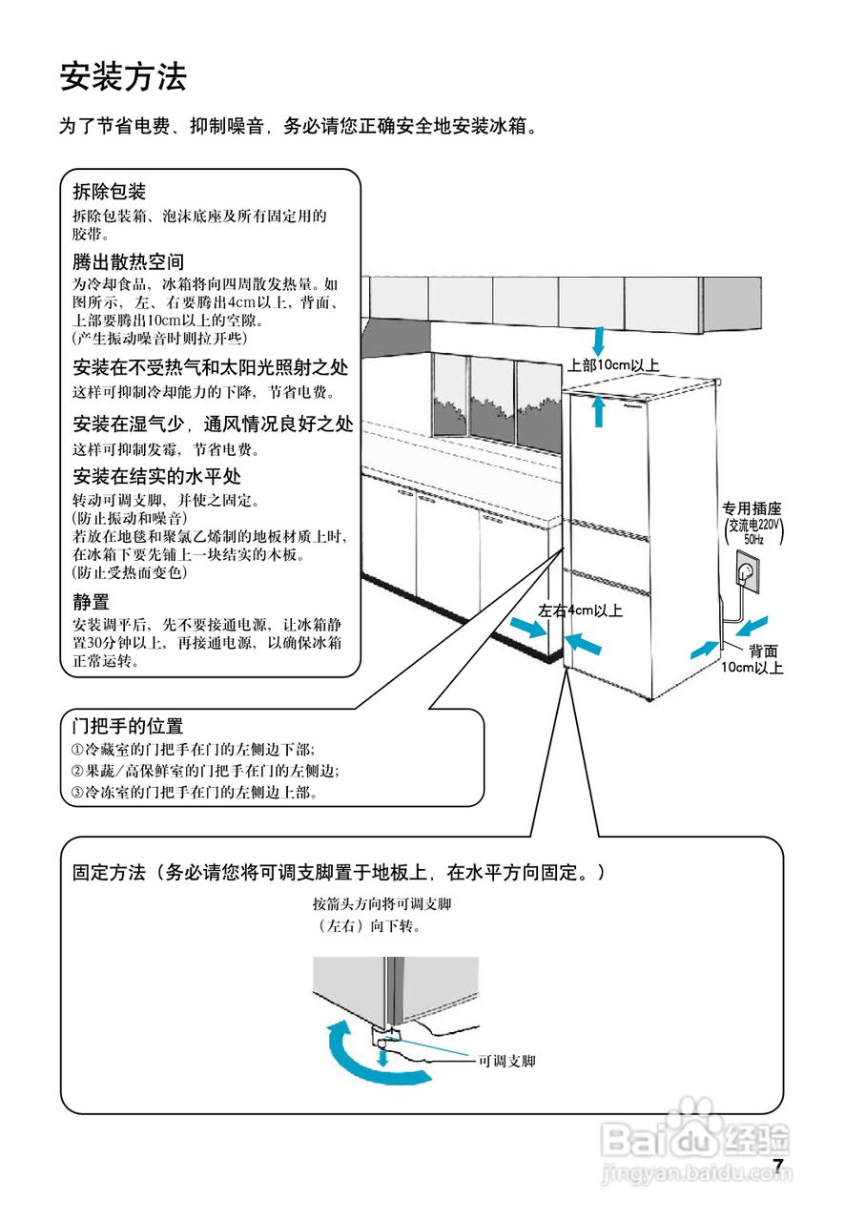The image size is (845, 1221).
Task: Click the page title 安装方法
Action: point(123,76)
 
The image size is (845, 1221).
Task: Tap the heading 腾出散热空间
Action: point(128,261)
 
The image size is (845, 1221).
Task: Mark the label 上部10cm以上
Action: point(613,364)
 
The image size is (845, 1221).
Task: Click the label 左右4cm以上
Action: point(580,610)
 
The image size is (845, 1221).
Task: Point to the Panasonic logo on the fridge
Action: point(694,404)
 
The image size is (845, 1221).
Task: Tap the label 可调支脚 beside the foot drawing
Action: point(506,1061)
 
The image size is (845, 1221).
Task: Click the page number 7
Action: point(778,1166)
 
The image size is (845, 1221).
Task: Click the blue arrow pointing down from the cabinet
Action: point(599,339)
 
